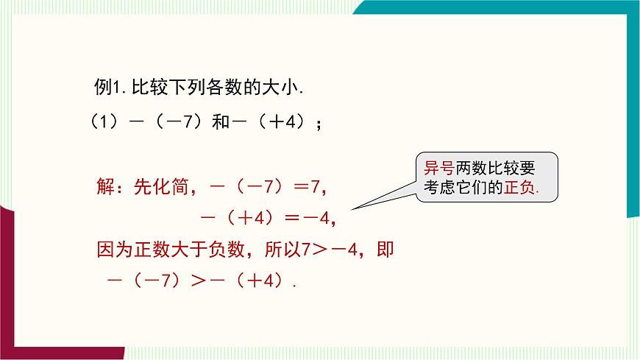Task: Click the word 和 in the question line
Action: point(221,122)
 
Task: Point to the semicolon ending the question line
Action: point(319,124)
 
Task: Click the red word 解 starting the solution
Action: point(106,187)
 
